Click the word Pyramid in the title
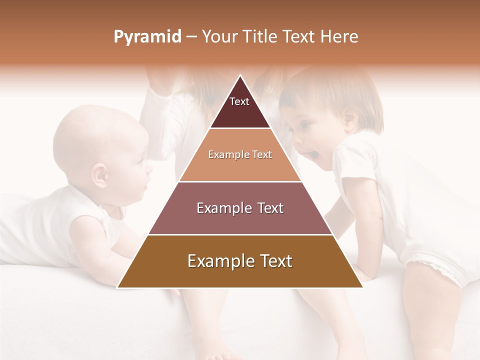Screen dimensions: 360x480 [147, 37]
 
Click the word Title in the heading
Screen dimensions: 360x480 [261, 36]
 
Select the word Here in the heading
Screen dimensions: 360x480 [339, 36]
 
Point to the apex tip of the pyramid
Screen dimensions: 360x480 [240, 76]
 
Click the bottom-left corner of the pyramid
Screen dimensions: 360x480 [118, 287]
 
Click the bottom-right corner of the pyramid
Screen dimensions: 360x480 [361, 287]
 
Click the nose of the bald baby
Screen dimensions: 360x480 [149, 166]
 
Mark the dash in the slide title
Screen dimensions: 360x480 [191, 37]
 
